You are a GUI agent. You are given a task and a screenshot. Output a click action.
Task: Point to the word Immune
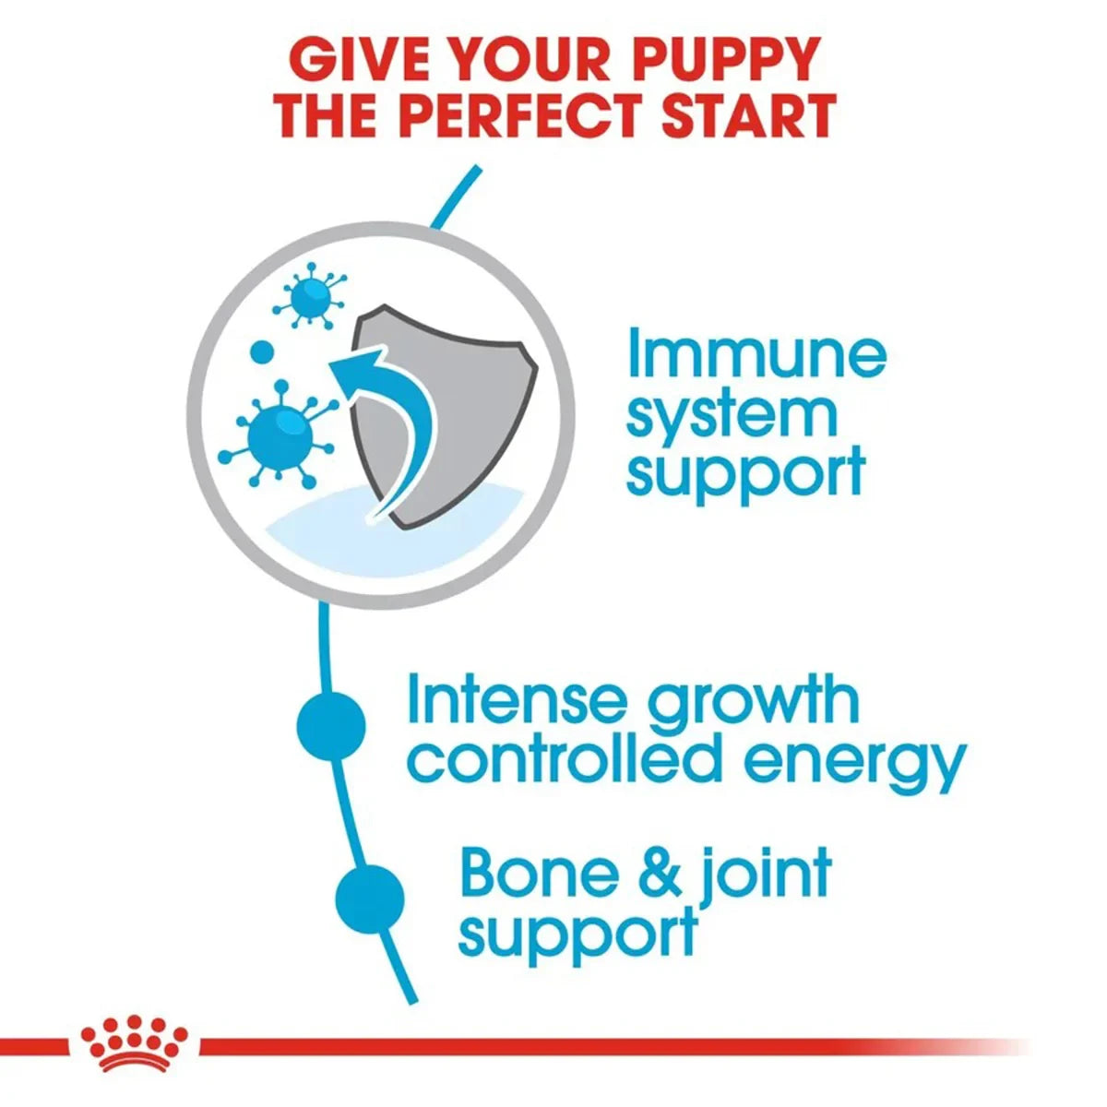[x=756, y=355]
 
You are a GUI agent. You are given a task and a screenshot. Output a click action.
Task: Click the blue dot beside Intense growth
[x=332, y=728]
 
